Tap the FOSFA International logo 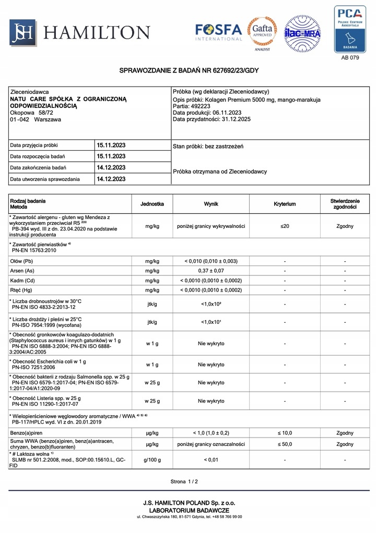click(x=218, y=32)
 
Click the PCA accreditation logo click(x=350, y=29)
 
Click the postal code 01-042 click(x=19, y=119)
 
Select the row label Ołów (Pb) click(x=21, y=261)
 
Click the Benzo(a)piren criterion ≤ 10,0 click(x=285, y=433)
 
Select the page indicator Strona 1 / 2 click(x=184, y=482)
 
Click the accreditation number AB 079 click(x=350, y=58)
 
